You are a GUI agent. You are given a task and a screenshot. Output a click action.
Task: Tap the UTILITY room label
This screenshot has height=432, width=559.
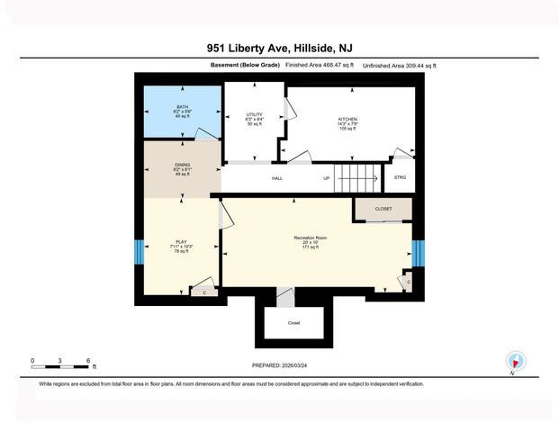tap(254, 115)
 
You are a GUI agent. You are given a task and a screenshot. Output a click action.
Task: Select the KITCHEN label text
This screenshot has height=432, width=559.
tap(347, 120)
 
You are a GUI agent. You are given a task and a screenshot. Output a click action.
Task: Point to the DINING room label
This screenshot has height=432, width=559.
tap(183, 165)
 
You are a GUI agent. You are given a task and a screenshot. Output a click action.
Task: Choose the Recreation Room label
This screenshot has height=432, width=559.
tap(310, 238)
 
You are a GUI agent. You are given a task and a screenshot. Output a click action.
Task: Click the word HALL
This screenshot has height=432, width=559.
tap(278, 178)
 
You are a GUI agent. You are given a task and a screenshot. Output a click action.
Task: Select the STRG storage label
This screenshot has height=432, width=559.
tap(400, 177)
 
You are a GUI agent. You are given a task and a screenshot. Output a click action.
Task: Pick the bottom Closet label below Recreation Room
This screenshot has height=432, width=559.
tap(293, 323)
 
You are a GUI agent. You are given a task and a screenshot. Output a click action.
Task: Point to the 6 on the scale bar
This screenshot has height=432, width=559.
tap(88, 360)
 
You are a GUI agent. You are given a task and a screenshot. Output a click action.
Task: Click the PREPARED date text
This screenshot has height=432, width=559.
tap(280, 365)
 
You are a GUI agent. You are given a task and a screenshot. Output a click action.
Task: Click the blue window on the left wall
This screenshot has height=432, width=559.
tap(138, 252)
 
